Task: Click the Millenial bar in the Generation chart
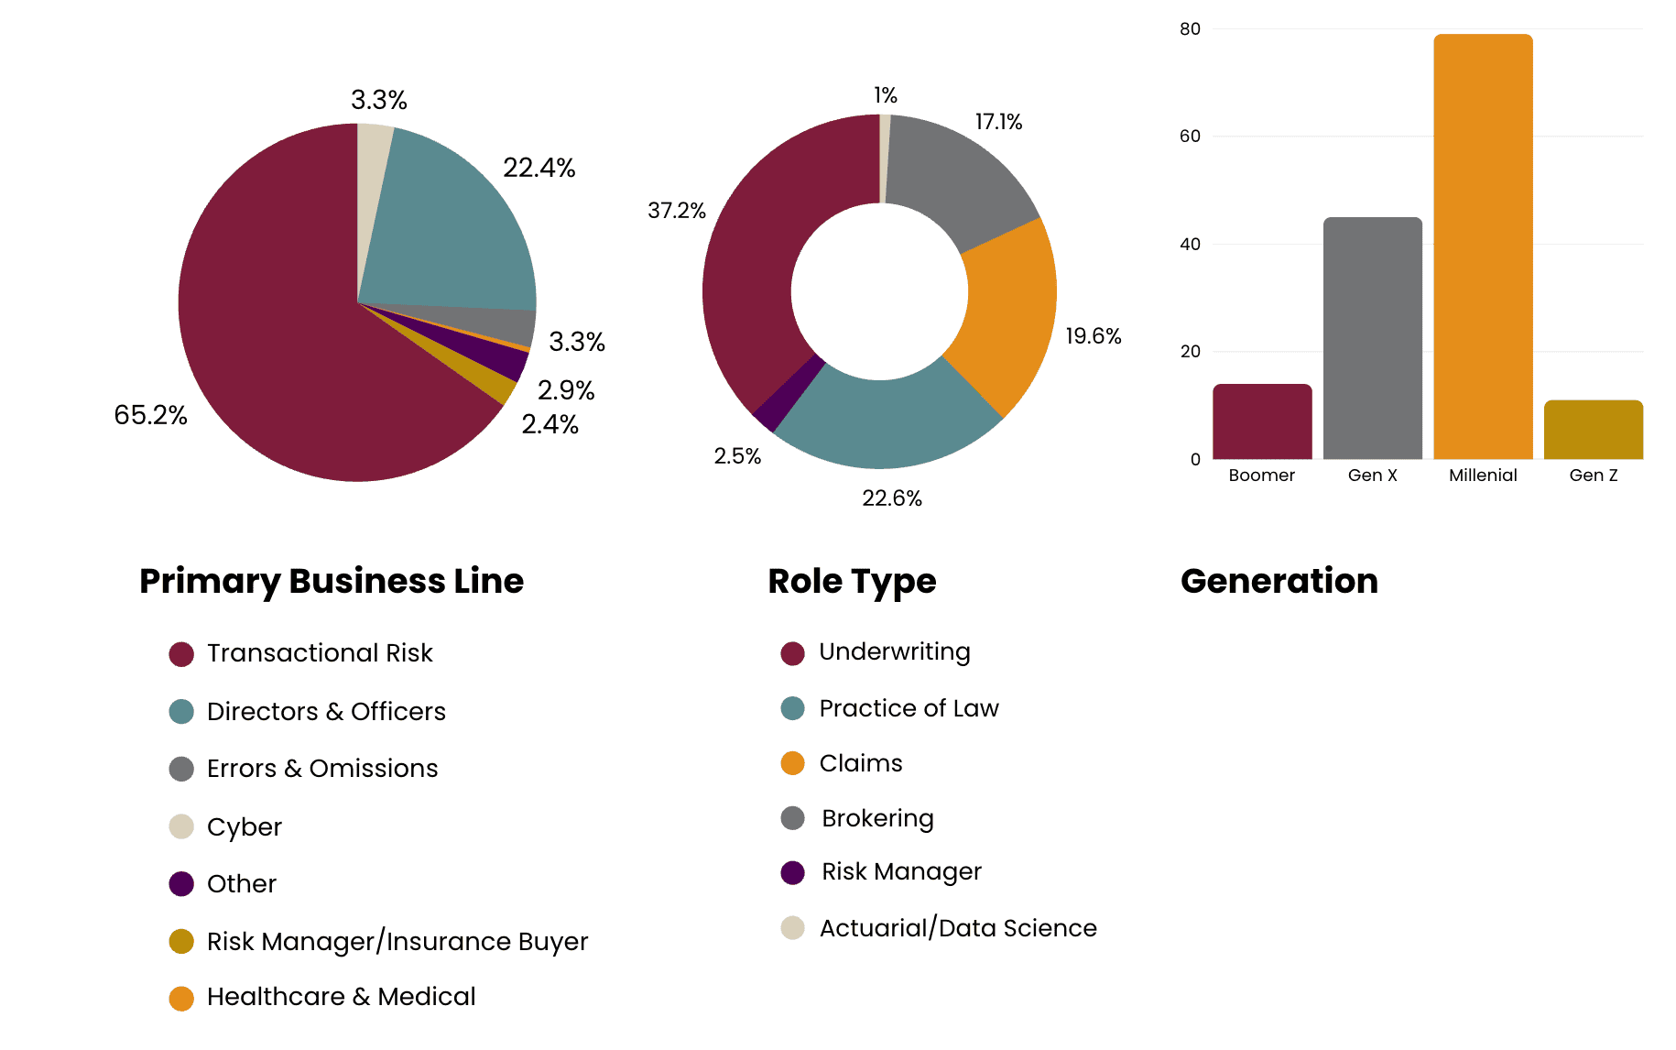(1483, 247)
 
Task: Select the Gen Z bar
(1593, 430)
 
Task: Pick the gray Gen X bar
(1372, 339)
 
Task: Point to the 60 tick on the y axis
(1190, 137)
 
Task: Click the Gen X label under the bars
(1372, 476)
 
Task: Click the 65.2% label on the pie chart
(150, 415)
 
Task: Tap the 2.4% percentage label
(550, 424)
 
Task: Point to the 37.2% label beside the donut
(676, 211)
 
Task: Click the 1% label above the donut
(885, 95)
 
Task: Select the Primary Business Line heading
(332, 581)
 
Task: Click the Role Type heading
(852, 581)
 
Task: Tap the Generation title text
(1279, 581)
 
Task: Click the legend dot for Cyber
(181, 826)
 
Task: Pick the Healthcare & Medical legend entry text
(341, 997)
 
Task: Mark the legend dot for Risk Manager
(792, 872)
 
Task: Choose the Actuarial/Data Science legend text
(958, 928)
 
